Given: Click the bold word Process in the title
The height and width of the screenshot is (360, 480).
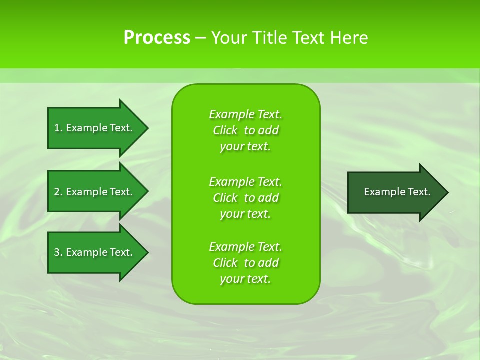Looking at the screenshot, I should click(x=157, y=38).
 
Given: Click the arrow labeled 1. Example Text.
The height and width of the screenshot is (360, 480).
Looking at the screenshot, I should click(x=95, y=128).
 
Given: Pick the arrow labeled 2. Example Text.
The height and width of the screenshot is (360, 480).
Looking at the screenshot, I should click(x=95, y=192).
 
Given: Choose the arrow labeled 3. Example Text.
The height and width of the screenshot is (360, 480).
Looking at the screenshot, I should click(x=95, y=252).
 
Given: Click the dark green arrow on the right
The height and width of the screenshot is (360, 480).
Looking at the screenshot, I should click(x=395, y=192).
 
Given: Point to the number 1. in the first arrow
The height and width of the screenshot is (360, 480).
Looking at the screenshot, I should click(x=58, y=128).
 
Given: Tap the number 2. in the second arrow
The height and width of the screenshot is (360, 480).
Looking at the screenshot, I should click(x=58, y=192).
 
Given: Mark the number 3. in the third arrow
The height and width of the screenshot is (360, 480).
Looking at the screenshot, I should click(x=58, y=252).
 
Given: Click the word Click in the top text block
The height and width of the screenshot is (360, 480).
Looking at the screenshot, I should click(x=225, y=130).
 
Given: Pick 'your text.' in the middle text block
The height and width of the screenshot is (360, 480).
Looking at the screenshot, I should click(x=245, y=214).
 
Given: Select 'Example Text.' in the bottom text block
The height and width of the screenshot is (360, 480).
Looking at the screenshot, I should click(x=245, y=247).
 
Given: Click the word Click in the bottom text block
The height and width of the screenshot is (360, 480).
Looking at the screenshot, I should click(x=225, y=263).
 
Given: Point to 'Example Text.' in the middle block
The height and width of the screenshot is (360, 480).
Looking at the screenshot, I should click(x=245, y=181).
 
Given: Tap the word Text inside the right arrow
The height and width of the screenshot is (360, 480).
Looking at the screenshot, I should click(x=418, y=192).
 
